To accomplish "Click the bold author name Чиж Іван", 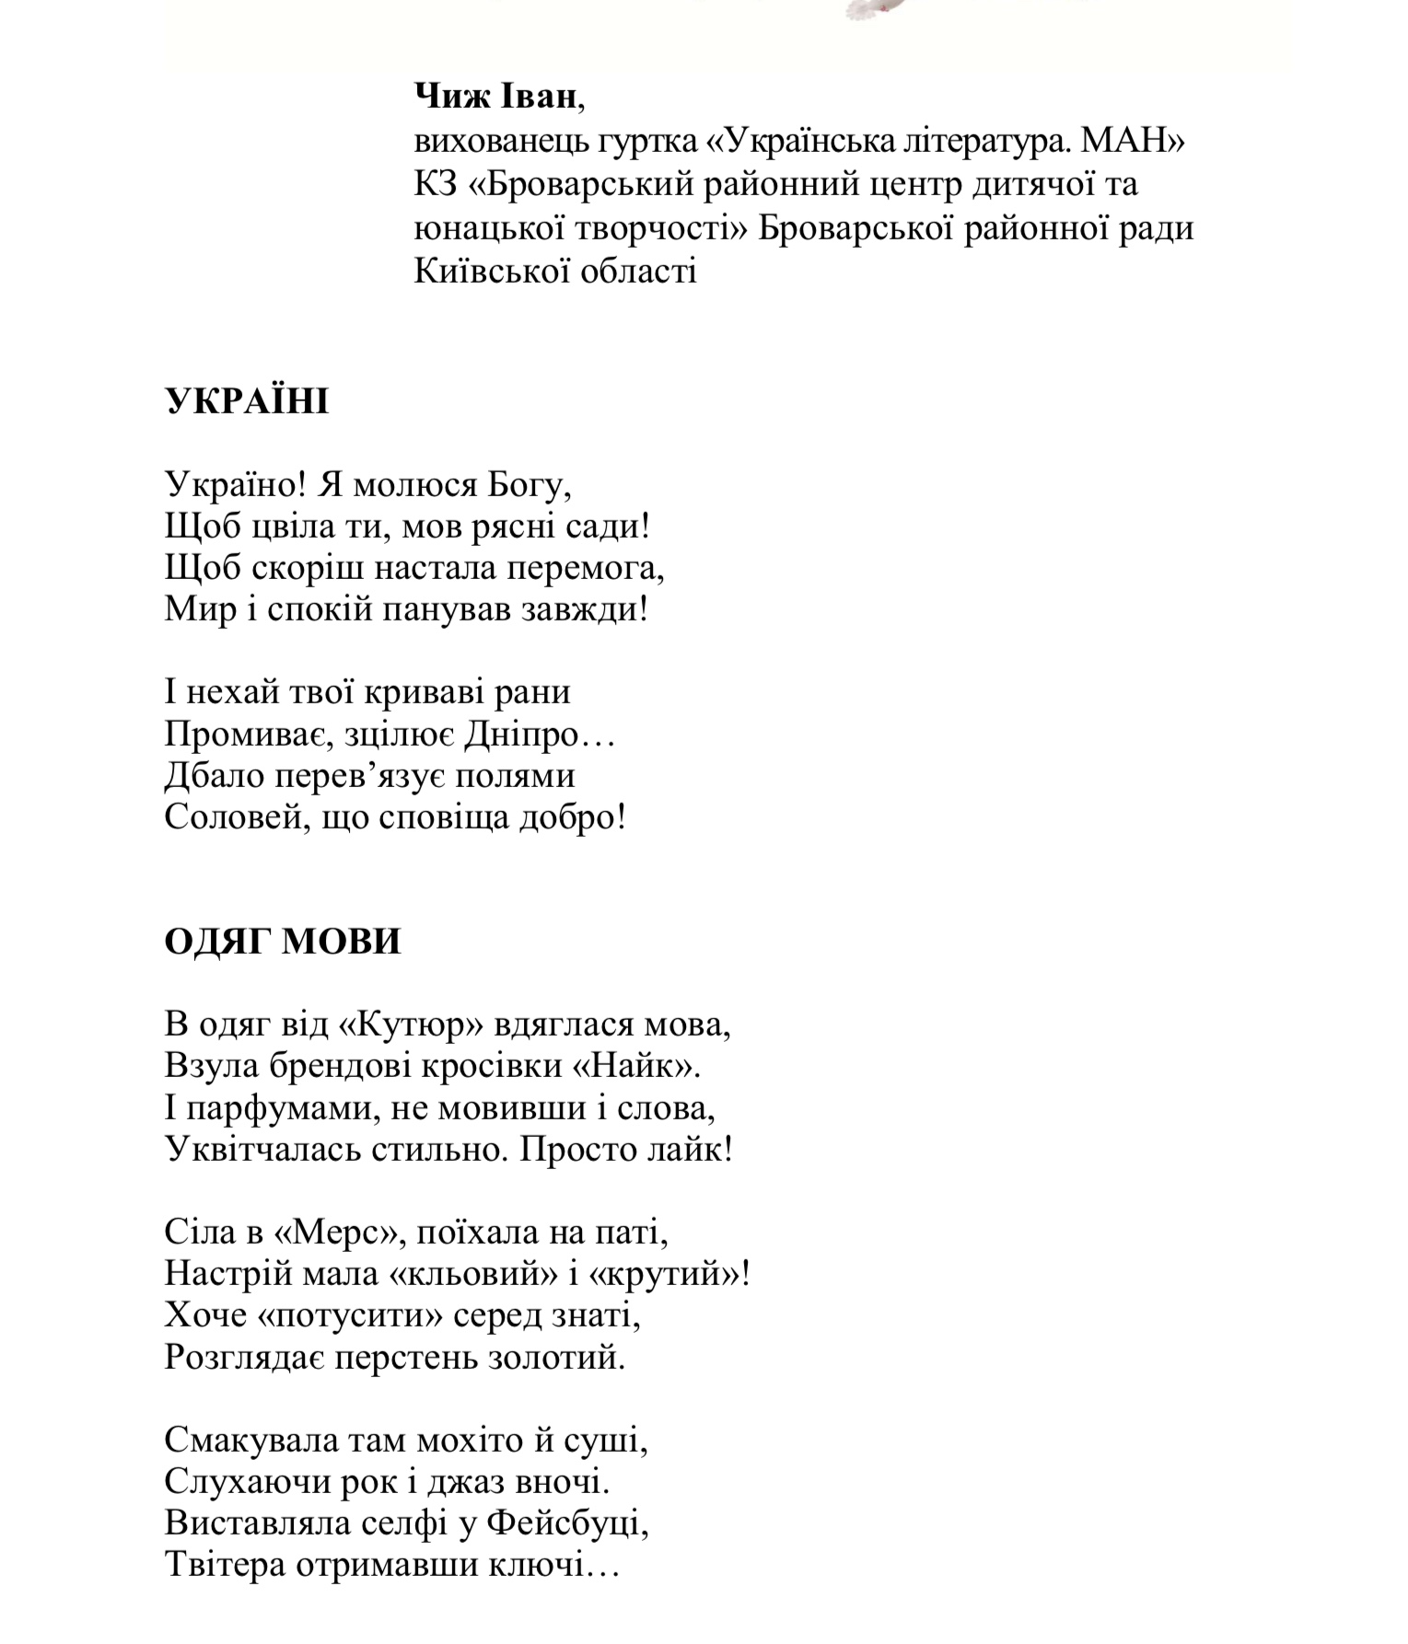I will pyautogui.click(x=496, y=96).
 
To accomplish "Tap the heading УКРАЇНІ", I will pyautogui.click(x=247, y=402).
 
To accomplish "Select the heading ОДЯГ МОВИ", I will pyautogui.click(x=283, y=942).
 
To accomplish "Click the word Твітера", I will pyautogui.click(x=226, y=1565).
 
